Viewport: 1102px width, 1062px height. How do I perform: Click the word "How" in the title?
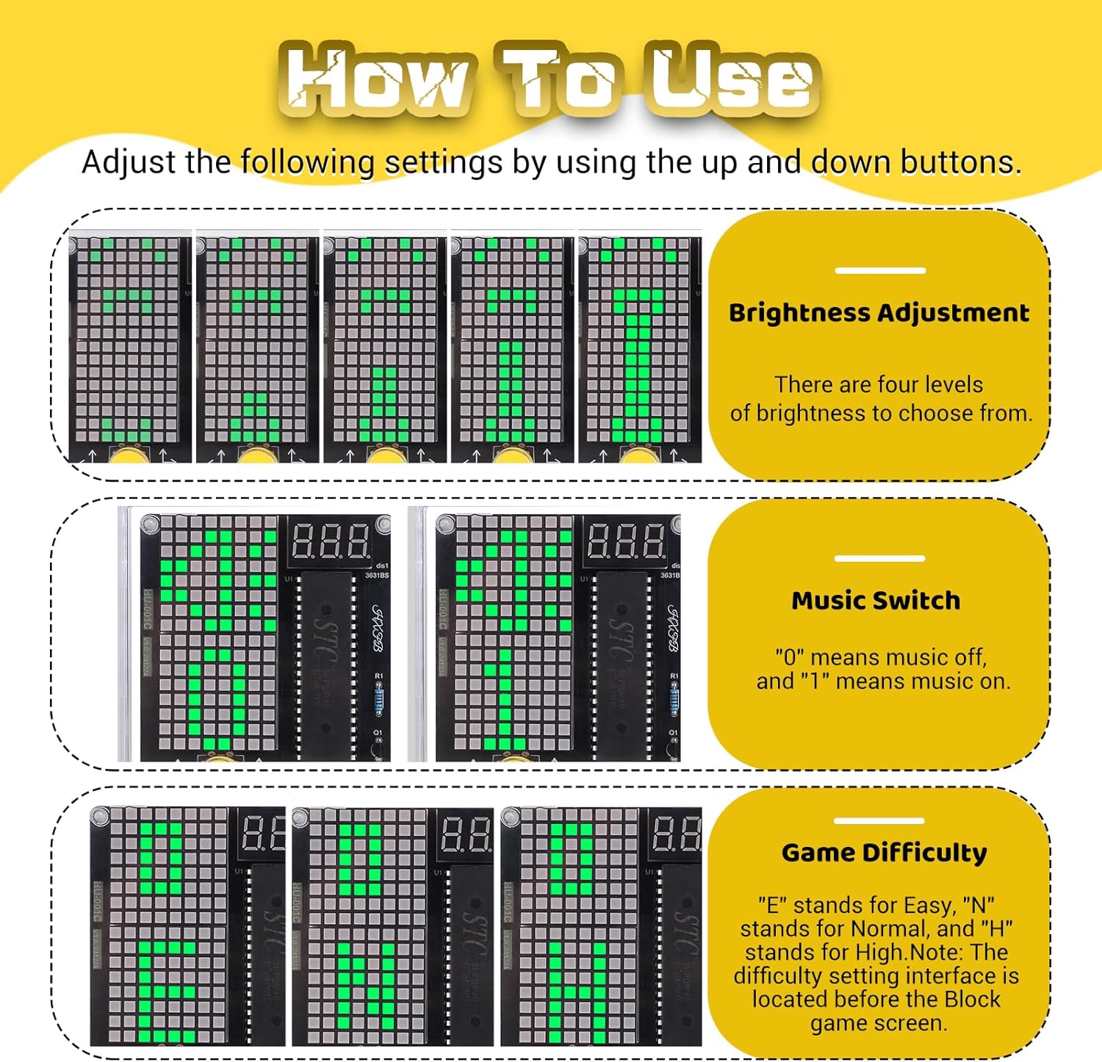tap(375, 79)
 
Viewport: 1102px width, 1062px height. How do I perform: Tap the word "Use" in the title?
tap(731, 79)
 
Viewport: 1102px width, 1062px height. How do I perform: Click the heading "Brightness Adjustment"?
tap(879, 314)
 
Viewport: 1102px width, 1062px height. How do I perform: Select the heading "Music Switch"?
tap(876, 601)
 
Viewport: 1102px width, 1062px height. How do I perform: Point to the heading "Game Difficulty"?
tap(884, 853)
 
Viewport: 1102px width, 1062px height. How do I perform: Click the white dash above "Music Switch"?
tap(879, 558)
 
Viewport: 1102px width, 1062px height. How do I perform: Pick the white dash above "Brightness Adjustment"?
tap(879, 270)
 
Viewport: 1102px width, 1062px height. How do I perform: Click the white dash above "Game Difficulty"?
tap(879, 820)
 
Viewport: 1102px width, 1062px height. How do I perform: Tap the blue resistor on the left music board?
tap(379, 699)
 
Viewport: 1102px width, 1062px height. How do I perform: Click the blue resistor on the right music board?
tap(674, 699)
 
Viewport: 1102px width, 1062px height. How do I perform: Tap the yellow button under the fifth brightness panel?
tap(640, 455)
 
